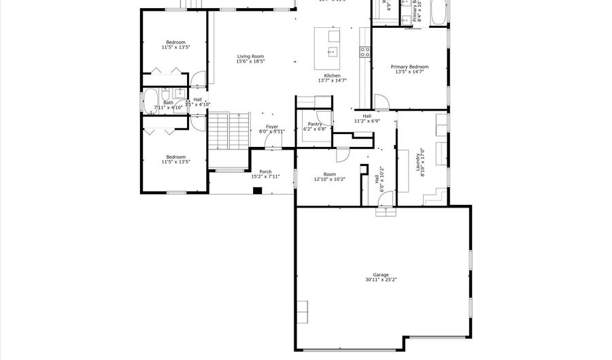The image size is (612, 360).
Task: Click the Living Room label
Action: [x=250, y=56]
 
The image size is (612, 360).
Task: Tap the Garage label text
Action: [x=380, y=274]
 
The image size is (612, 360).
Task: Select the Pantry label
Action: [x=315, y=124]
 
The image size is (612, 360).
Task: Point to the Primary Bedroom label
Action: [x=409, y=67]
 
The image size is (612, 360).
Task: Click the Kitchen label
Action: [x=332, y=76]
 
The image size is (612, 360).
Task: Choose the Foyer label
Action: [x=272, y=127]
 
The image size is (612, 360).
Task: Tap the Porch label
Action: [x=265, y=171]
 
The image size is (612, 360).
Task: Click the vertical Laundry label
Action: [x=418, y=163]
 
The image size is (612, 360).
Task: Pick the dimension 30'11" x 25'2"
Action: [x=380, y=279]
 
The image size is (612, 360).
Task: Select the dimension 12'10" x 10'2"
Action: [x=330, y=180]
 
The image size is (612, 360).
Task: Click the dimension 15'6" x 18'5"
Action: [x=250, y=61]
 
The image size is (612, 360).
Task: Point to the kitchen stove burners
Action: [x=364, y=51]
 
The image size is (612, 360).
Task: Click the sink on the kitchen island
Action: [x=333, y=52]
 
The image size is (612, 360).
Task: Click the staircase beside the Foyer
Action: [x=228, y=132]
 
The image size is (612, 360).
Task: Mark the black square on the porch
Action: [x=257, y=190]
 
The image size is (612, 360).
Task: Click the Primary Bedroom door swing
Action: [x=381, y=102]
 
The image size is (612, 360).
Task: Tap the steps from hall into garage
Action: [x=386, y=212]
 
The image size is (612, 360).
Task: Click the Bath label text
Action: [x=168, y=103]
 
